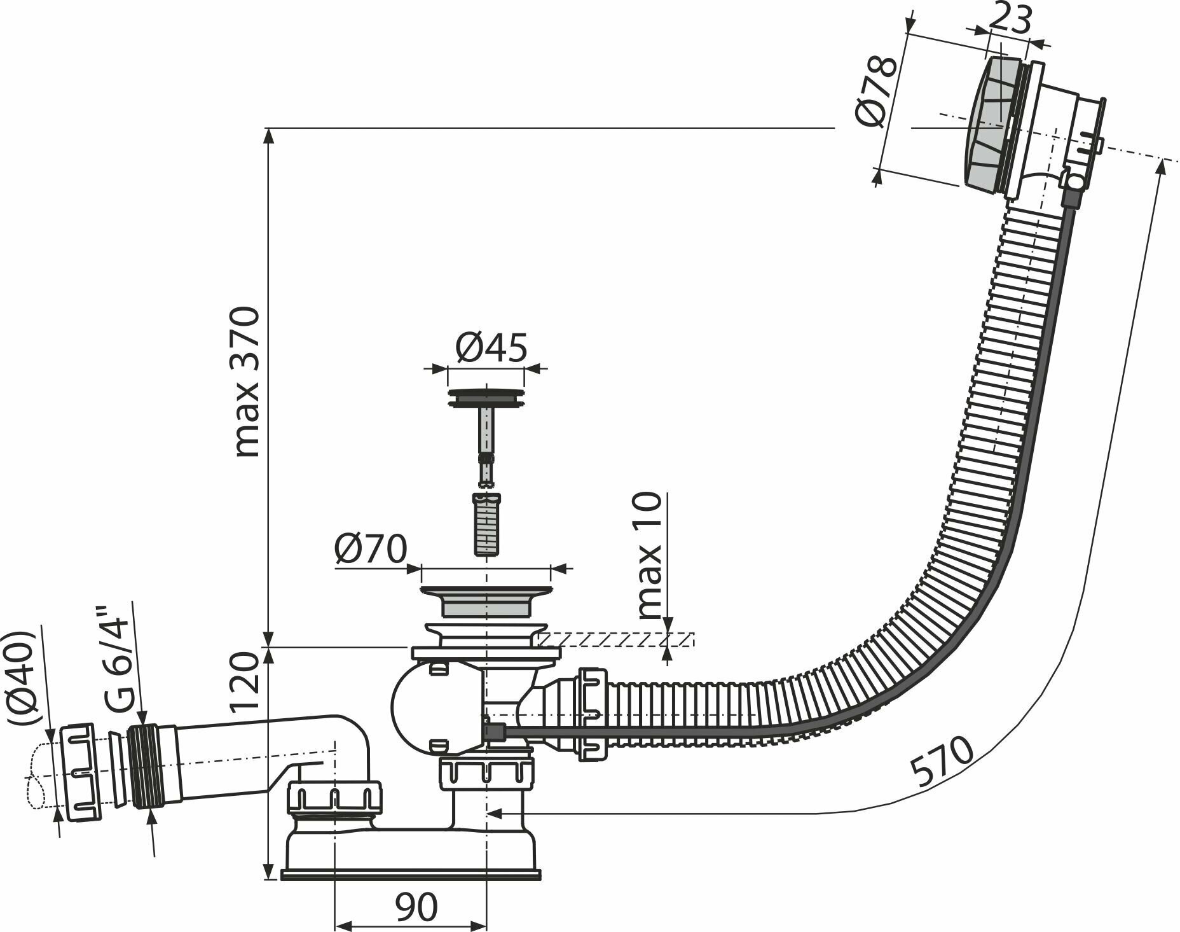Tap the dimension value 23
1011,20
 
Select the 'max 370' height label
247,382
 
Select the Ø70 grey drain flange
486,598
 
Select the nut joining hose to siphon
593,714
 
